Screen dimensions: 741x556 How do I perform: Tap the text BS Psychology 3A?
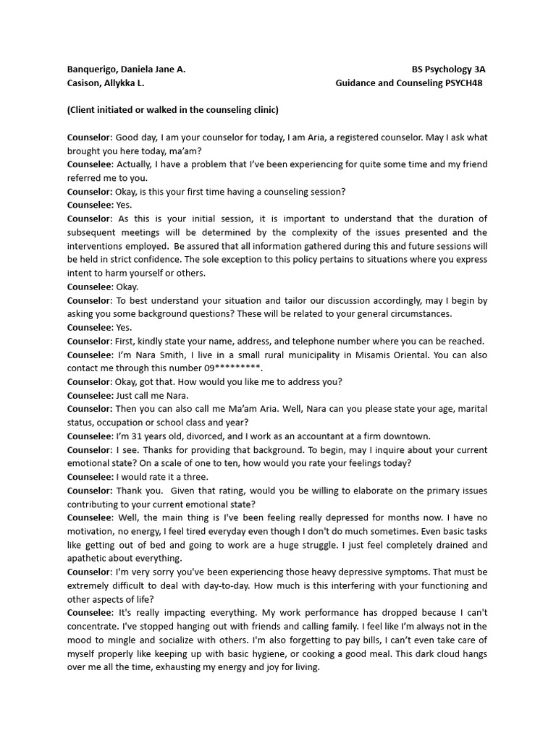(448, 69)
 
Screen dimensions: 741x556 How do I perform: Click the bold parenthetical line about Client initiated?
(172, 110)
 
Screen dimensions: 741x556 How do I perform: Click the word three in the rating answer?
(195, 477)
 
